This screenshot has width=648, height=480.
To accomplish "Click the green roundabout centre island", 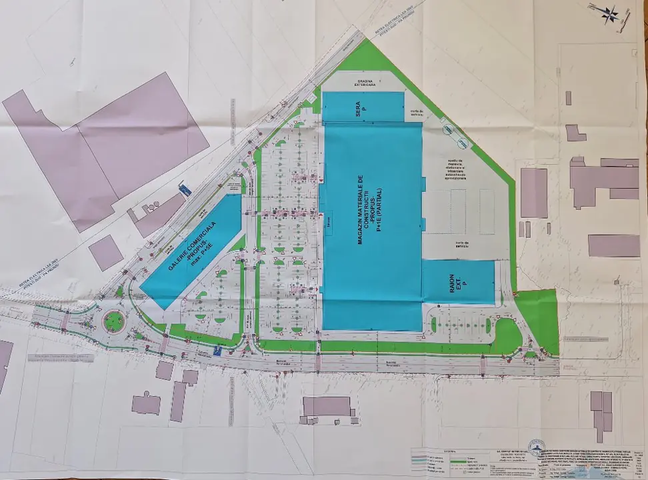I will coord(113,321).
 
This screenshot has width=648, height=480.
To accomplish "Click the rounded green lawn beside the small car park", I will coord(507,331).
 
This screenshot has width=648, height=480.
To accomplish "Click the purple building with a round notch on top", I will coord(146,403).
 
